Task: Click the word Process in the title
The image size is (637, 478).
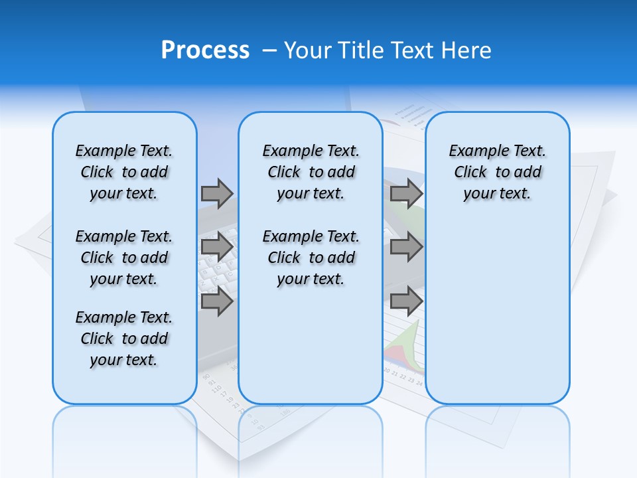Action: coord(205,50)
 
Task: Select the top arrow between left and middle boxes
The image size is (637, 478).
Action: coord(217,193)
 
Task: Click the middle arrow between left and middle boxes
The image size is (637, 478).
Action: coord(217,248)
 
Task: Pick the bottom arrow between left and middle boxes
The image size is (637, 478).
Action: coord(217,301)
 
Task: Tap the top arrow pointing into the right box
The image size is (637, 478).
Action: coord(406,193)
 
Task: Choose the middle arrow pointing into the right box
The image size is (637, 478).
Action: coord(406,248)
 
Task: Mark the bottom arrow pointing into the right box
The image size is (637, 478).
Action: coord(406,301)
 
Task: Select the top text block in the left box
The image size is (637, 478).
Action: coord(124,172)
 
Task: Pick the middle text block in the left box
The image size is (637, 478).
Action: coord(124,258)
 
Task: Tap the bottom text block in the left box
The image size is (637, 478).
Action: coord(124,339)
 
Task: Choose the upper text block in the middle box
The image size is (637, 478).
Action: coord(311,172)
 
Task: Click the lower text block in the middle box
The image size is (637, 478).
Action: coord(311,258)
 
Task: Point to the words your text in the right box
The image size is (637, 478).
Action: coord(497,194)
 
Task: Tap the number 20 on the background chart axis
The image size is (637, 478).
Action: coord(387,370)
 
